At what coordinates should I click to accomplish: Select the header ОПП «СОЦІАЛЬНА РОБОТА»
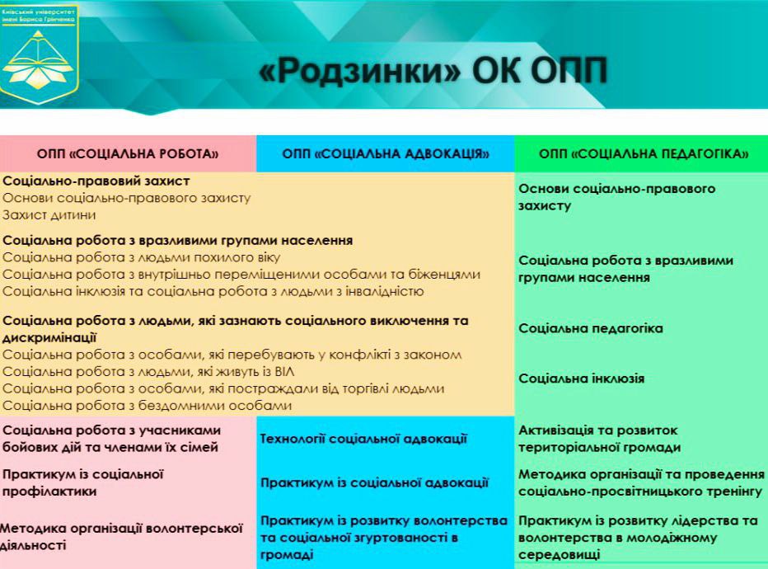[128, 153]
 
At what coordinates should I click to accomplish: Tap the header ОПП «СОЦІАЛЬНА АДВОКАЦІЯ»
[385, 153]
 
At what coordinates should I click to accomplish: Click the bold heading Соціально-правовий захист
[96, 181]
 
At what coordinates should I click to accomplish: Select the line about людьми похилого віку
[124, 257]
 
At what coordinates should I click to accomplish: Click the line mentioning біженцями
[241, 274]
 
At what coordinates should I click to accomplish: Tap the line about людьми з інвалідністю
[213, 290]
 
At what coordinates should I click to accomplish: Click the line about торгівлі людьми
[223, 388]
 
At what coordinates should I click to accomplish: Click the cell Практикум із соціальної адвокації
[374, 482]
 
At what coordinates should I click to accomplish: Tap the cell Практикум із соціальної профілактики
[83, 482]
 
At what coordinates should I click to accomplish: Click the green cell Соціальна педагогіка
[590, 328]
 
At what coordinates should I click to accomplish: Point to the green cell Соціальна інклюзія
[581, 379]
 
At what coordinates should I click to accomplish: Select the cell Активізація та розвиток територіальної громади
[599, 439]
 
